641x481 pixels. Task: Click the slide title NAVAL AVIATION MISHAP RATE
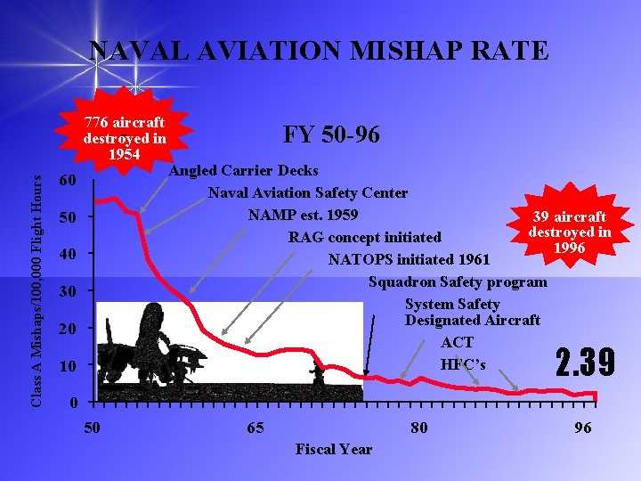coord(320,51)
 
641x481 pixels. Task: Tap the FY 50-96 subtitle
coord(331,135)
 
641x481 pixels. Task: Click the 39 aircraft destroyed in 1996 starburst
coord(570,232)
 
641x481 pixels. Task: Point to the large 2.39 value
coord(585,363)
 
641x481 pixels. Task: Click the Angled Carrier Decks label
coord(244,170)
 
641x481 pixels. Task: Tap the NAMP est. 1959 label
coord(303,215)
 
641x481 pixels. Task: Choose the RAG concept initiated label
coord(364,237)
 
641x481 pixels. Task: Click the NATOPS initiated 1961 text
coord(410,259)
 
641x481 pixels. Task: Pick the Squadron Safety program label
coord(458,281)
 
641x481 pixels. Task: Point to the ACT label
coord(457,342)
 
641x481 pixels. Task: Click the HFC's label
coord(463,364)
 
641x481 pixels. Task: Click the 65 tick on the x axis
coord(255,428)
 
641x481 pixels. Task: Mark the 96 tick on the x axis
coord(582,428)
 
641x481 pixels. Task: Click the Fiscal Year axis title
coord(333,449)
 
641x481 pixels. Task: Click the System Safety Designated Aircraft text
coord(472,312)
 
